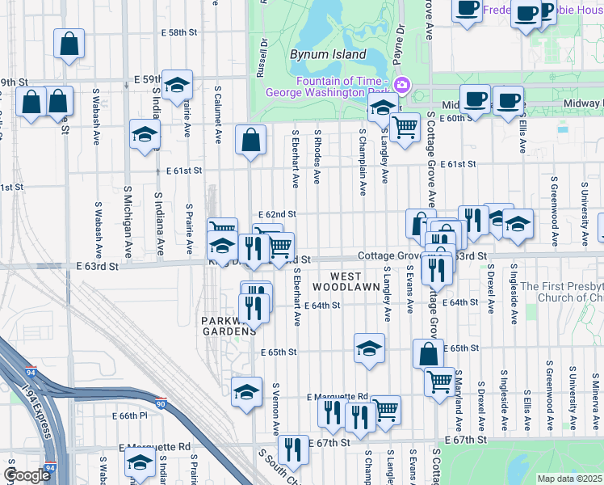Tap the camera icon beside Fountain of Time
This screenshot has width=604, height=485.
pos(401,85)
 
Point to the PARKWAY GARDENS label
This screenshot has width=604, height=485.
pos(229,326)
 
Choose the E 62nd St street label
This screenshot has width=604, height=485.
pos(280,214)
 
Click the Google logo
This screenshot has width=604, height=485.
pos(26,475)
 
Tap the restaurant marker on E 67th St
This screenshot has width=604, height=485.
pos(293,449)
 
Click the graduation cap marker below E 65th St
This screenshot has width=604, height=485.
pos(369,348)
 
